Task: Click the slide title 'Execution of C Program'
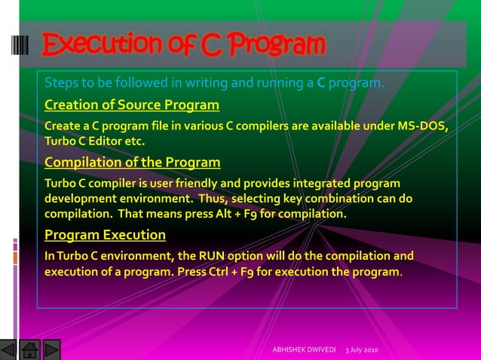[183, 45]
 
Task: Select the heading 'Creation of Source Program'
[132, 104]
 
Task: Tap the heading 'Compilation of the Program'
[133, 162]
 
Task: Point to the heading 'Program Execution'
[105, 234]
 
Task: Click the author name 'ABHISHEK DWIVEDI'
[303, 351]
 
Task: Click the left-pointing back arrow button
[8, 350]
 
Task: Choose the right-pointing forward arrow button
[52, 350]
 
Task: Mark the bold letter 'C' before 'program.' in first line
[320, 81]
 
